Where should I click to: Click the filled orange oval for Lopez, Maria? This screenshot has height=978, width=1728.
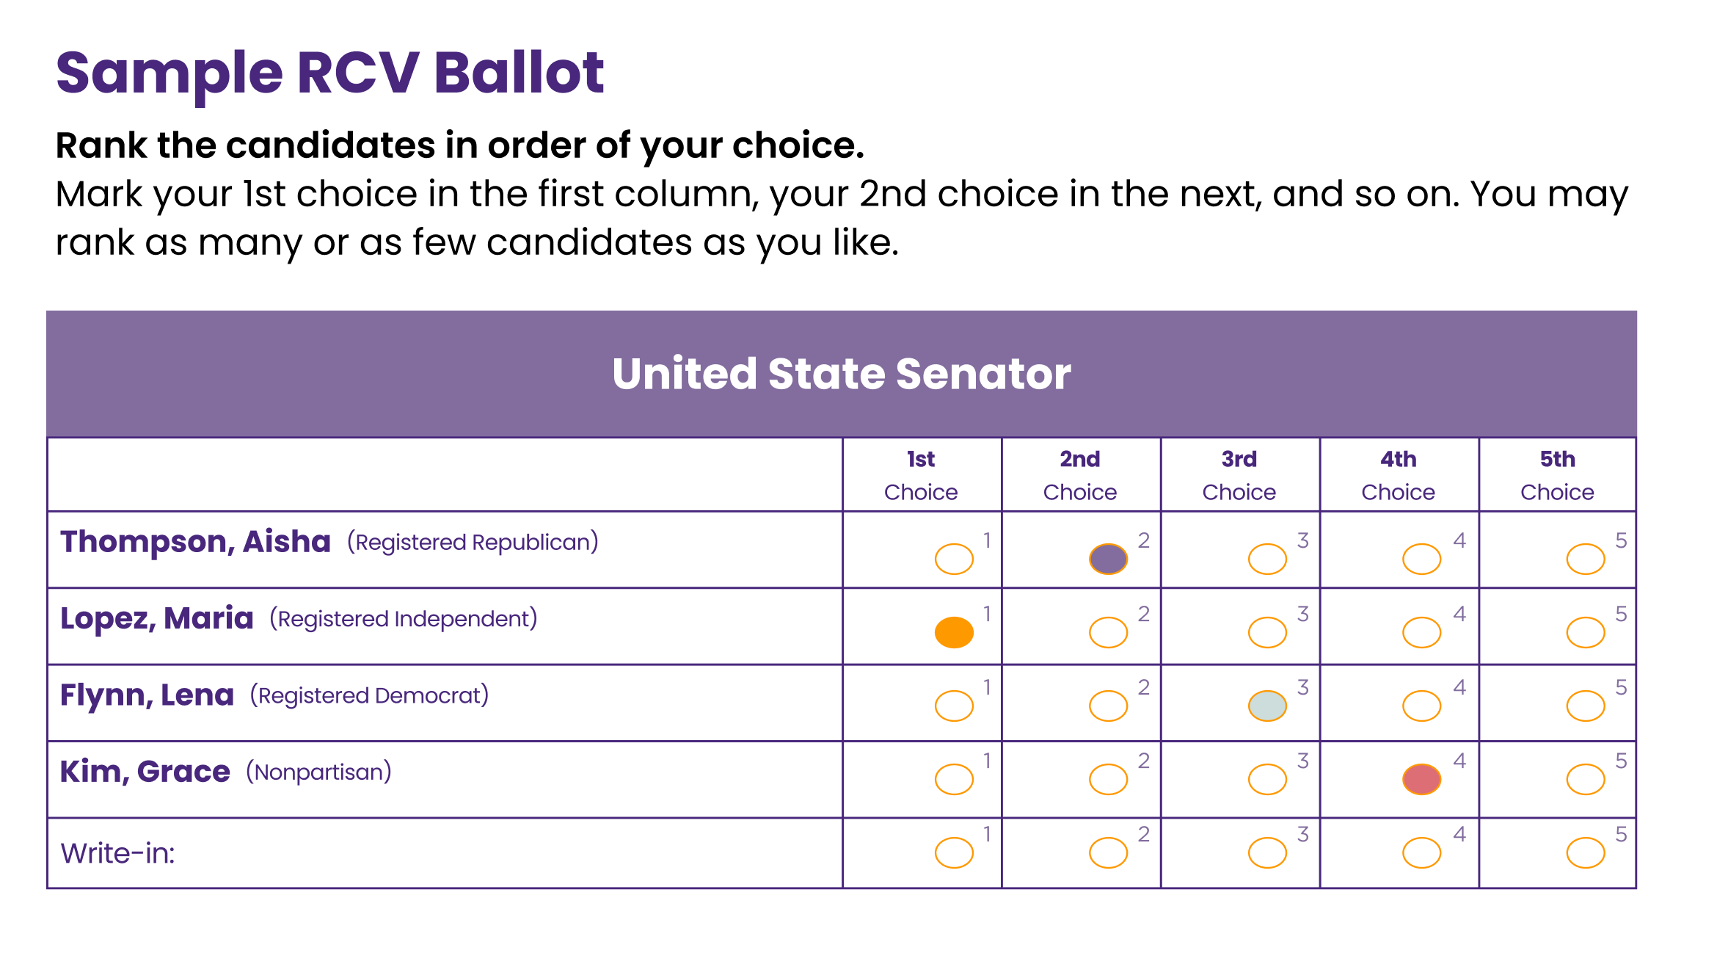point(954,632)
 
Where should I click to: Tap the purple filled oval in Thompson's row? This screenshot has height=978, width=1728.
point(1108,559)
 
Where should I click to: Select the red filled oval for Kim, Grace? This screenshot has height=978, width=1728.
point(1421,779)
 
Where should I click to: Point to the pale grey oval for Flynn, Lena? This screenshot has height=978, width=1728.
point(1267,706)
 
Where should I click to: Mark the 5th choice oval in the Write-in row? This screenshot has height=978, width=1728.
point(1585,852)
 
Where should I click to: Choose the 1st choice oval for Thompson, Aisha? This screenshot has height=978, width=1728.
point(954,559)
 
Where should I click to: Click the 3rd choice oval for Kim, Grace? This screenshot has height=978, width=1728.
point(1267,779)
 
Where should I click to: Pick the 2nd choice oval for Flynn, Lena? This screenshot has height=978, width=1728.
point(1108,706)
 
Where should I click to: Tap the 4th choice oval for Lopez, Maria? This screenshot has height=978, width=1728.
point(1421,632)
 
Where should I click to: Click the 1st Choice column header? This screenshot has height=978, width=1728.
point(921,475)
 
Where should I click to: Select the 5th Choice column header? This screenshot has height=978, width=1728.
point(1557,475)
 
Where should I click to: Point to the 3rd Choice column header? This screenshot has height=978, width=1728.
point(1239,475)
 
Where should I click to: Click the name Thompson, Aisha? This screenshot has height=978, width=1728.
point(195,542)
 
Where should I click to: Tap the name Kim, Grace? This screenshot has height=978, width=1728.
point(145,772)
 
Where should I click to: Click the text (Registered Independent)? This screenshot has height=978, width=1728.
point(404,619)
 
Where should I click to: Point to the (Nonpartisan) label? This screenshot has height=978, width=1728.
point(318,772)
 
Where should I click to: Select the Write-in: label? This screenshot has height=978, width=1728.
point(117,853)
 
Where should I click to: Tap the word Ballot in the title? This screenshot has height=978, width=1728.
point(519,73)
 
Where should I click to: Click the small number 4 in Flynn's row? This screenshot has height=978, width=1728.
point(1459,687)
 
